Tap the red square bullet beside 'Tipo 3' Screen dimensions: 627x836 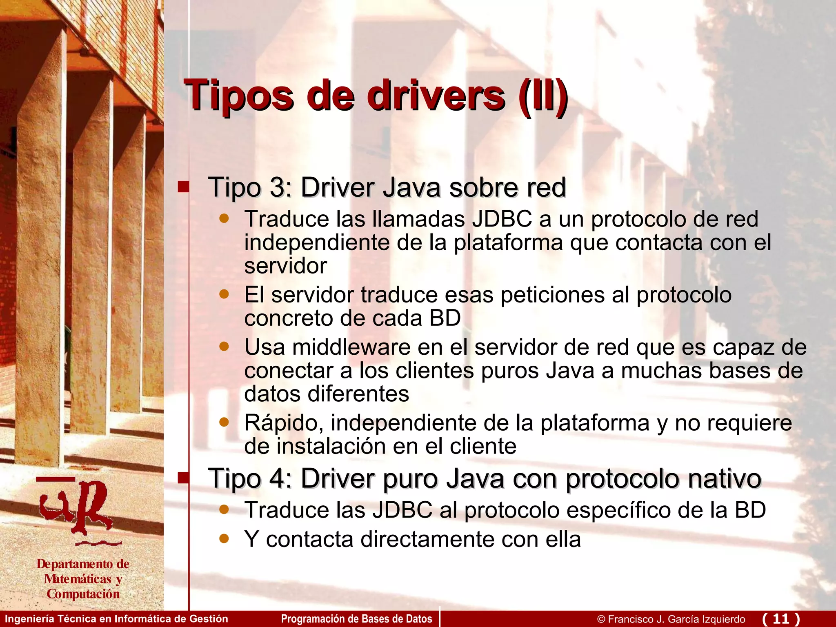coord(184,187)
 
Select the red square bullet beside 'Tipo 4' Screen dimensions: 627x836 coord(184,478)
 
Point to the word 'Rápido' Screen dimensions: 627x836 coord(281,423)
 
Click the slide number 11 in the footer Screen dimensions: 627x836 coord(781,618)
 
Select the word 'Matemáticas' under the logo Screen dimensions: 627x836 coord(78,579)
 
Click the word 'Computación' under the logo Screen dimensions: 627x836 coord(83,594)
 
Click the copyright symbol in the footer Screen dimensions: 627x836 coord(601,619)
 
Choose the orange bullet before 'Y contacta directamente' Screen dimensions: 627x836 coord(224,538)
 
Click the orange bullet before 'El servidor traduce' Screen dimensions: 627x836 coord(224,294)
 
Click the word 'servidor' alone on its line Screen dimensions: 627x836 coord(285,266)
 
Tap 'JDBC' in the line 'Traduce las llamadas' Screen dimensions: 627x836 coord(502,219)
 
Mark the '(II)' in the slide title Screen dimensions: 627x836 coord(543,96)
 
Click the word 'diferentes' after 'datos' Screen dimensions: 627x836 coord(358,394)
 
